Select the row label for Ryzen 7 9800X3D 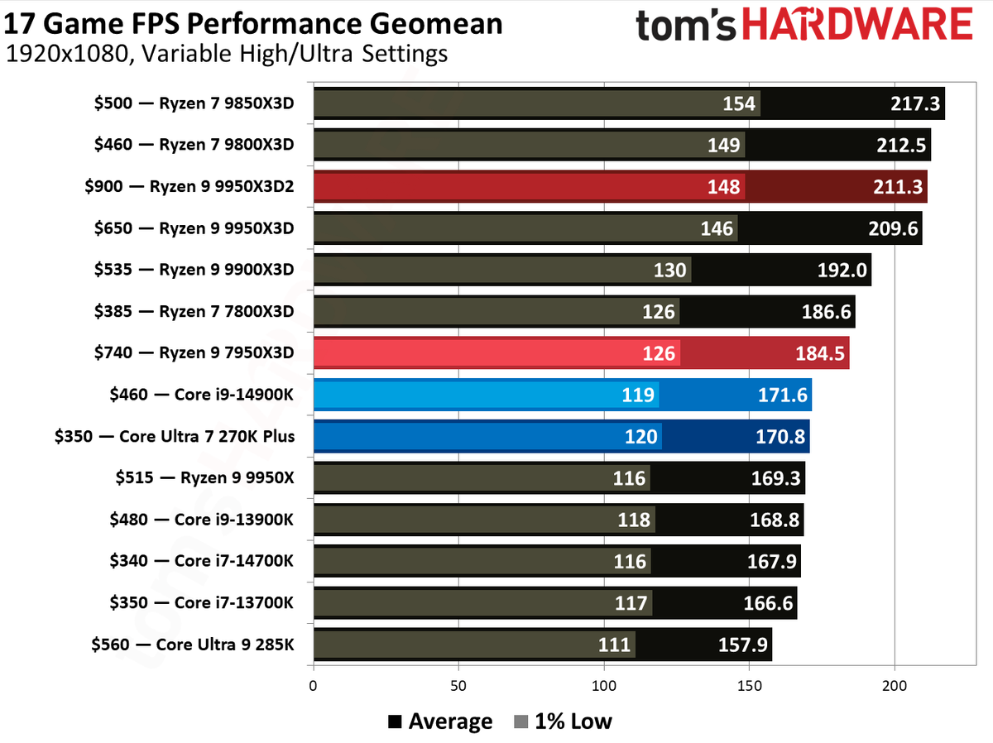coord(194,146)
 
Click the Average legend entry coord(440,721)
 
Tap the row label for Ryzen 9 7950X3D coord(194,353)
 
